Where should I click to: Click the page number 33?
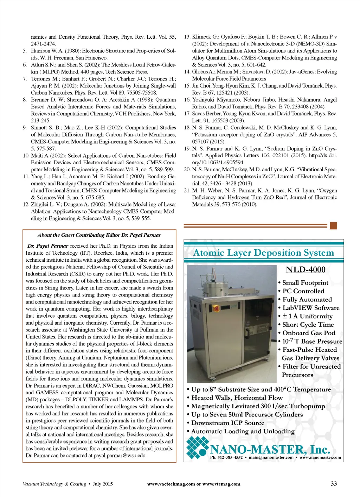[x=334, y=484]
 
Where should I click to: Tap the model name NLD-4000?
[x=306, y=270]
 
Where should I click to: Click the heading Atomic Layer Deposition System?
[x=264, y=253]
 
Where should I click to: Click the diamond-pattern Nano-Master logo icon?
[x=197, y=447]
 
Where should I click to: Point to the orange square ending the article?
[x=334, y=226]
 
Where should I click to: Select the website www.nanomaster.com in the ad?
[x=320, y=458]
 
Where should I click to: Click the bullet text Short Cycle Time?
[x=308, y=325]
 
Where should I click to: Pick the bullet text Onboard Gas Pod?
[x=309, y=333]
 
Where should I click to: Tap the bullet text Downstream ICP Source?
[x=227, y=423]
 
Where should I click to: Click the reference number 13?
[x=187, y=37]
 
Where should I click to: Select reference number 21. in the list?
[x=187, y=191]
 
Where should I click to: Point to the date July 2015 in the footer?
[x=103, y=484]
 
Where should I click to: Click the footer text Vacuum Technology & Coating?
[x=54, y=484]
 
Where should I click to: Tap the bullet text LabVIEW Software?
[x=311, y=308]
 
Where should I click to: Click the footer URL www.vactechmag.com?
[x=171, y=484]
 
